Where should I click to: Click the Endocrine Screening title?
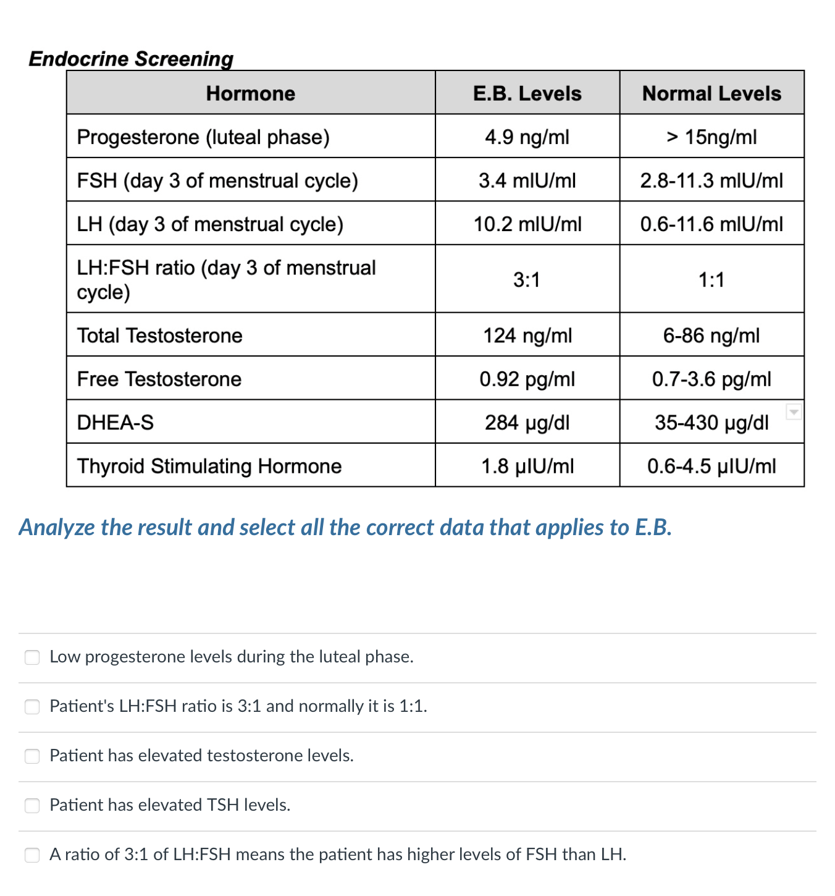(x=131, y=59)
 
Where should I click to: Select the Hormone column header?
(x=251, y=93)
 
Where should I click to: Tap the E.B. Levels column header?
(x=527, y=93)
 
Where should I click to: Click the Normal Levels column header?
(x=711, y=93)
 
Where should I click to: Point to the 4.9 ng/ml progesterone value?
(x=527, y=137)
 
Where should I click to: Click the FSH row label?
(x=217, y=180)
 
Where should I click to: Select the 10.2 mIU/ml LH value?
(x=527, y=224)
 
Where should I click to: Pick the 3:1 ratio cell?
(x=527, y=279)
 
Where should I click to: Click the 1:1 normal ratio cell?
(x=711, y=279)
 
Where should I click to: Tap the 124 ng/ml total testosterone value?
(x=527, y=336)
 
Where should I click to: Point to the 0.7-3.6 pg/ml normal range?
(x=711, y=379)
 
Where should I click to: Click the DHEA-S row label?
(x=115, y=423)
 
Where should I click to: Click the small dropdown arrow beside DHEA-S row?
(x=794, y=412)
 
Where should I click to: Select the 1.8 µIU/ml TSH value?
(x=527, y=466)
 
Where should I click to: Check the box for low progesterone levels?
(x=32, y=657)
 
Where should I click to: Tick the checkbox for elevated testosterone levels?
(x=32, y=756)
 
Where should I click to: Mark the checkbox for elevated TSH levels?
(x=32, y=805)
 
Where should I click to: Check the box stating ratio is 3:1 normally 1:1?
(x=32, y=706)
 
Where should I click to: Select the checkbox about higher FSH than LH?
(x=32, y=855)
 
